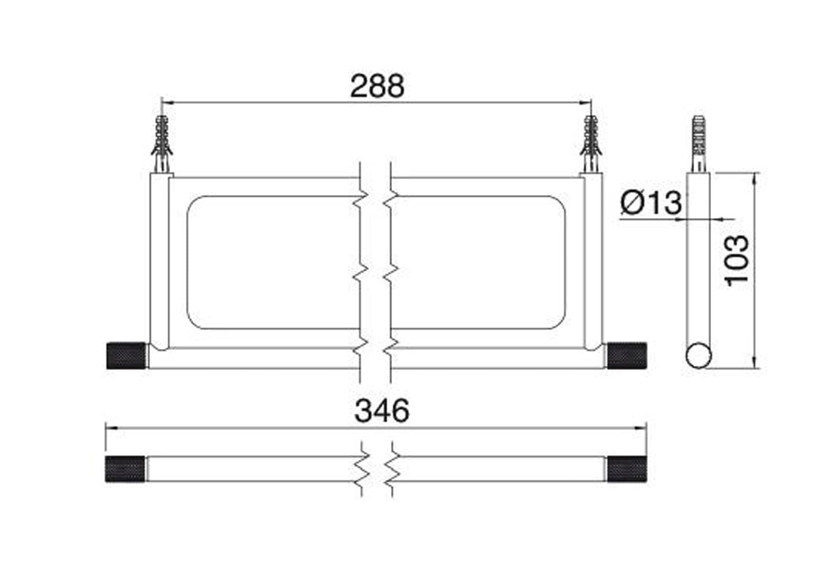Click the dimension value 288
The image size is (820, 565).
click(377, 86)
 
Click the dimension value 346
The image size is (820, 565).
click(382, 411)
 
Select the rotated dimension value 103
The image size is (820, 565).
click(737, 260)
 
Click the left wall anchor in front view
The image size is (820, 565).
click(162, 144)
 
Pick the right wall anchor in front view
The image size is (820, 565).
click(591, 144)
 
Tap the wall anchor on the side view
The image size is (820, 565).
click(698, 144)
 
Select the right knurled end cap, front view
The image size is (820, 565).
click(627, 356)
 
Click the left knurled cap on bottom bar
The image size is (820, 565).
click(125, 469)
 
